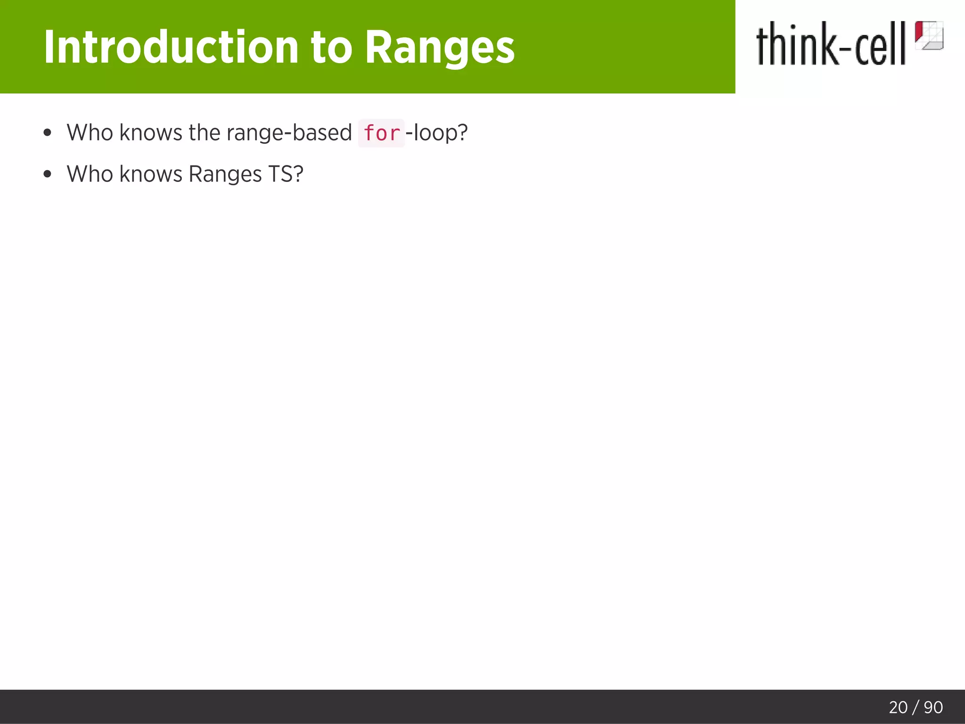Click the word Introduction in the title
[171, 47]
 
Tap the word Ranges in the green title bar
[440, 47]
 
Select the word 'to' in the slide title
[331, 47]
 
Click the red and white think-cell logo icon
[929, 35]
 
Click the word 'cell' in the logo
[880, 45]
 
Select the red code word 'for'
[381, 133]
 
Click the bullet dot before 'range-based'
[47, 133]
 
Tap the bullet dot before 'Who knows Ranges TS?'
[47, 174]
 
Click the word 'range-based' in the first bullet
[289, 133]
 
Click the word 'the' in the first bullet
[204, 133]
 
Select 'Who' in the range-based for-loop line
[90, 133]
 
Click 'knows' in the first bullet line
[151, 133]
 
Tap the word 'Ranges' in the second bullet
[225, 174]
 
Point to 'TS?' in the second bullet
[286, 174]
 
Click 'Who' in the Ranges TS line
[90, 174]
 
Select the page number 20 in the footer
[898, 708]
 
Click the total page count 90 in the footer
[933, 708]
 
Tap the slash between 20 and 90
[916, 708]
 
